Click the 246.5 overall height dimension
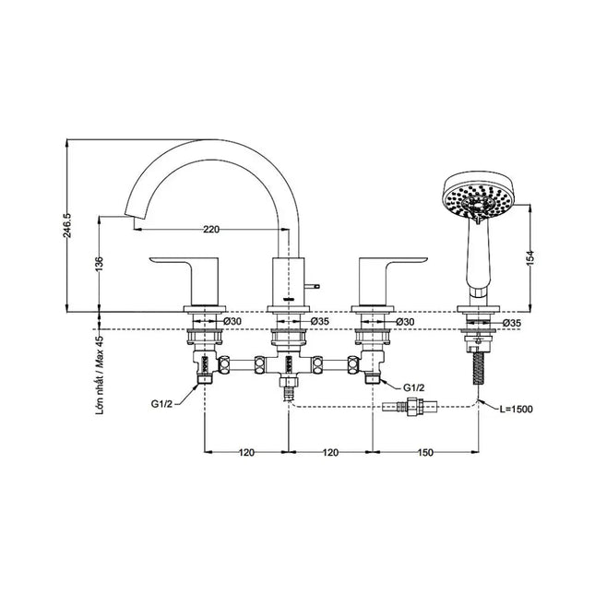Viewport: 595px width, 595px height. pyautogui.click(x=67, y=225)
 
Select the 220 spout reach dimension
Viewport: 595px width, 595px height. pyautogui.click(x=211, y=229)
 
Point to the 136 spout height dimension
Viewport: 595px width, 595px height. pyautogui.click(x=99, y=265)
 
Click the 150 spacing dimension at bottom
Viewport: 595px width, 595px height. pyautogui.click(x=425, y=452)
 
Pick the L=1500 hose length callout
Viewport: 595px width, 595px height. pyautogui.click(x=516, y=409)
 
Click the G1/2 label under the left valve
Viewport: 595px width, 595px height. pyautogui.click(x=161, y=404)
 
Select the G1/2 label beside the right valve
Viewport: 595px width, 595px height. pyautogui.click(x=413, y=387)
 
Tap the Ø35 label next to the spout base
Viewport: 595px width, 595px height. pyautogui.click(x=320, y=321)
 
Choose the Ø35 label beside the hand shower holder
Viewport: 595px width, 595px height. pyautogui.click(x=512, y=323)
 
